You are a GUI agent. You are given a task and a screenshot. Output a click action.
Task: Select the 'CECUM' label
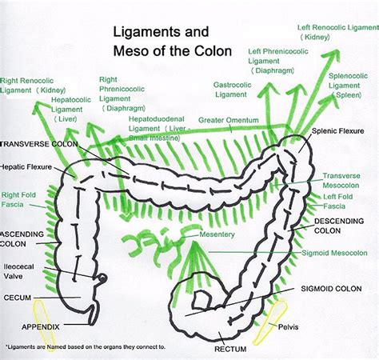pos(17,297)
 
